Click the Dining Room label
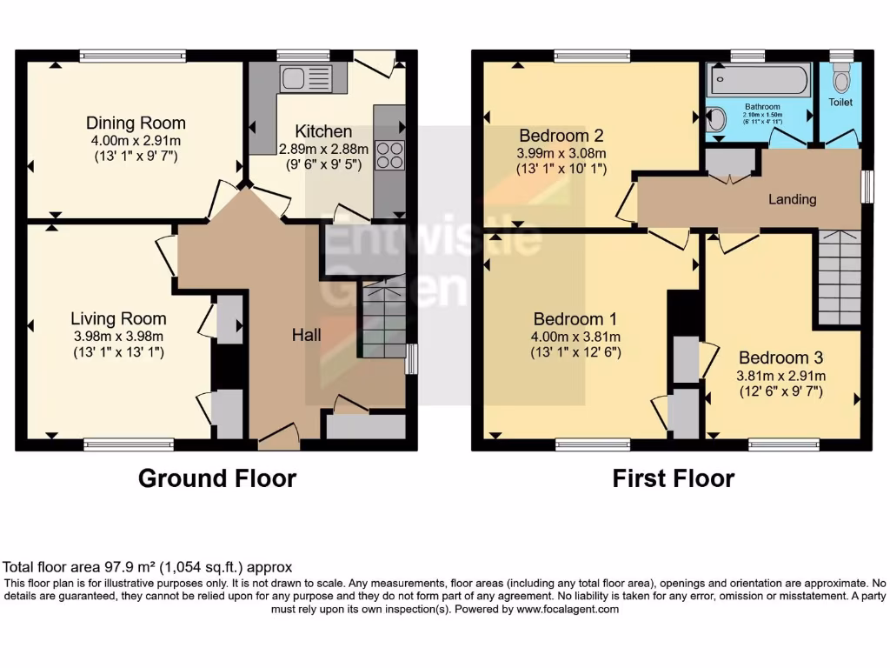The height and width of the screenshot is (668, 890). point(135,123)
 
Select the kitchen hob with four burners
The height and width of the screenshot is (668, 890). point(391,155)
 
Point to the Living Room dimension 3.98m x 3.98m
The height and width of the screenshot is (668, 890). point(118,337)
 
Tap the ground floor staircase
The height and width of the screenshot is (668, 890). point(383,317)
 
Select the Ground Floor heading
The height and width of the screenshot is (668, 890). point(217,478)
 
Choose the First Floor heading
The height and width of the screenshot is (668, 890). point(674,478)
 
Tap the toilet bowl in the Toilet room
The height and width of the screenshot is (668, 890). point(840,81)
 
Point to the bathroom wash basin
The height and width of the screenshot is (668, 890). point(716,120)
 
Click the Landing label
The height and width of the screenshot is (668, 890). point(792,199)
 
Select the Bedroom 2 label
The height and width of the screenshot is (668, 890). point(561,136)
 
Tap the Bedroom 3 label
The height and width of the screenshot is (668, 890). point(780,357)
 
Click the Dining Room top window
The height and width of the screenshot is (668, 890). point(133,57)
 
